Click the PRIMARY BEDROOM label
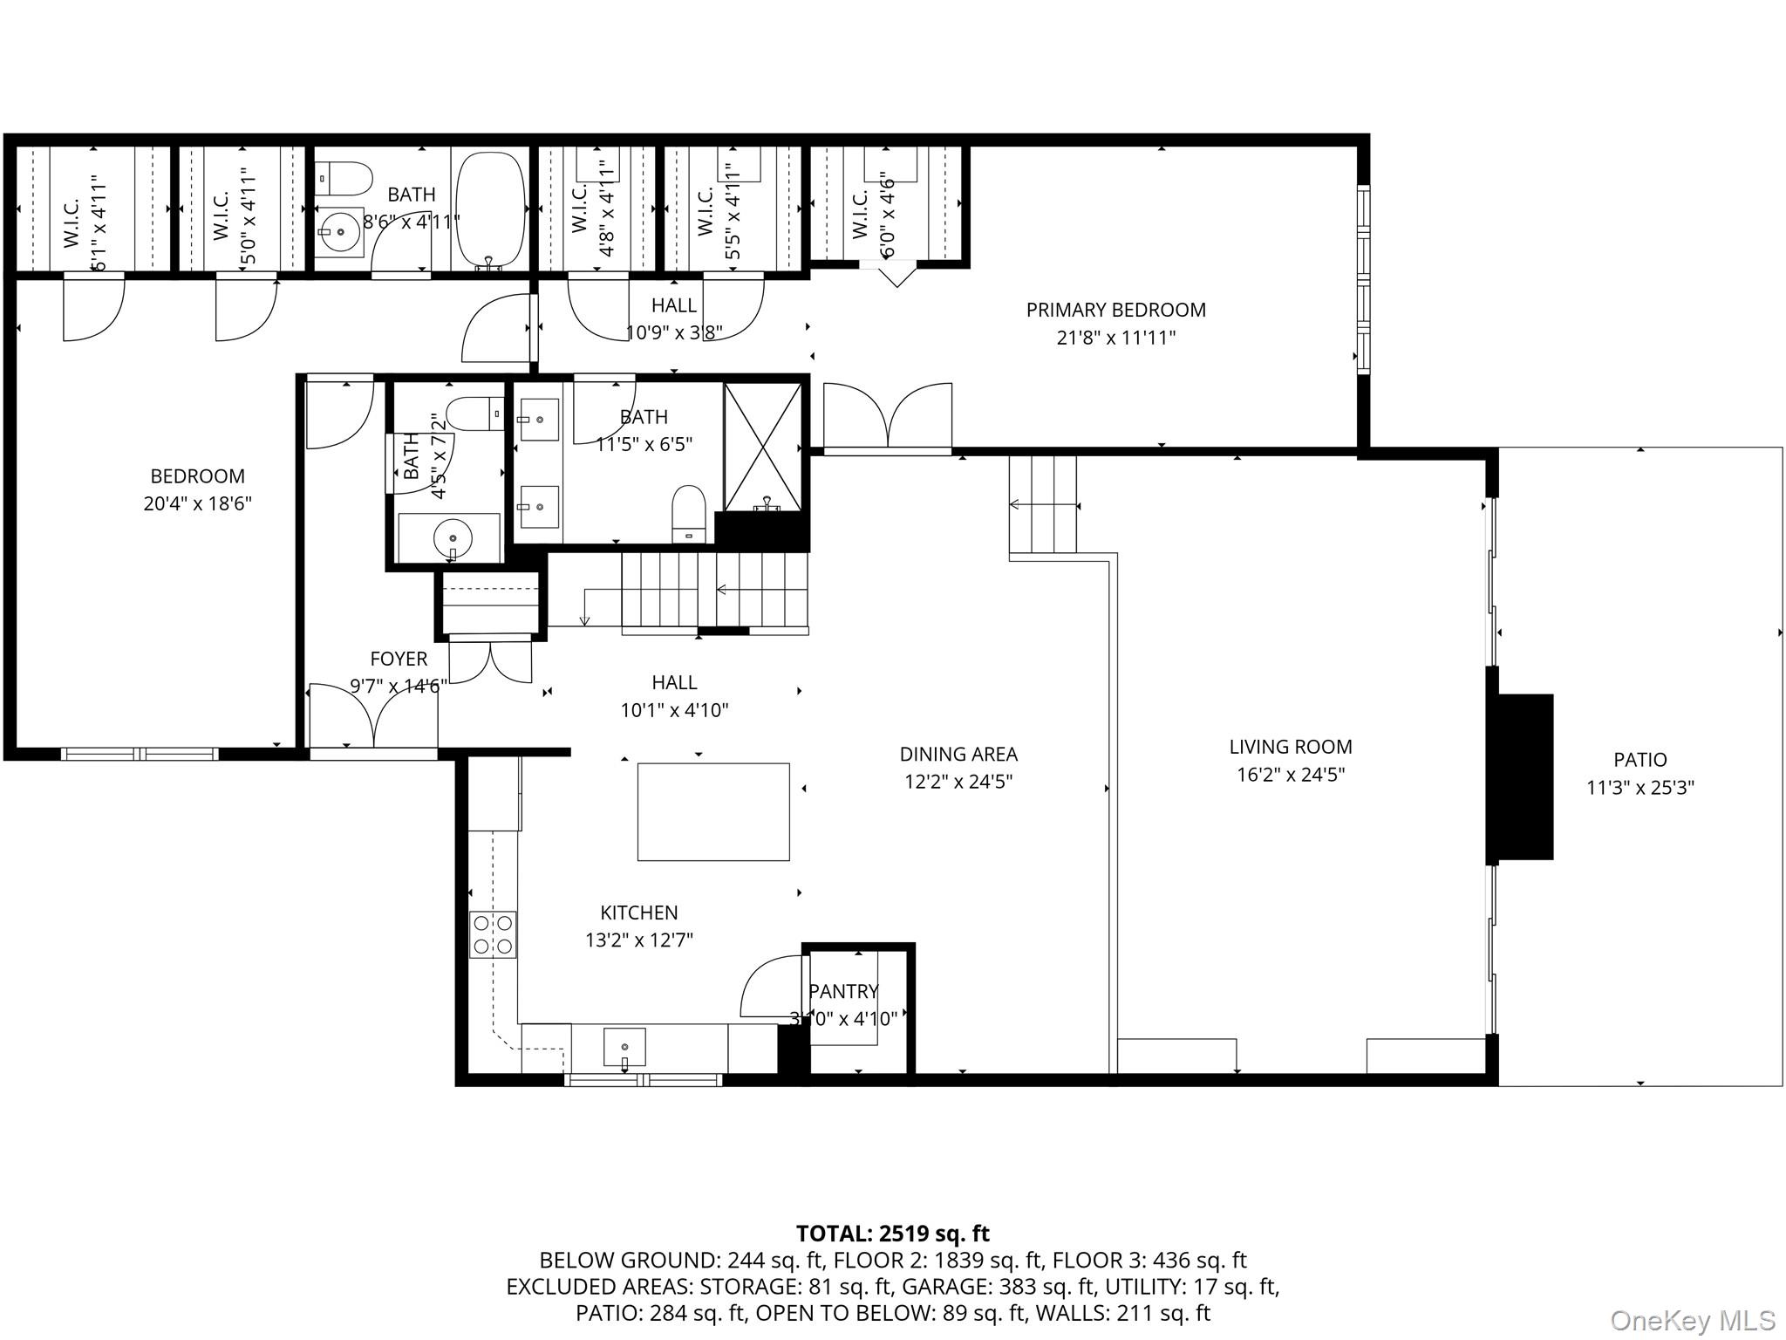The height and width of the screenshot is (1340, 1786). tap(1115, 310)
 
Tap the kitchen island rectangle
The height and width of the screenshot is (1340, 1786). tap(713, 811)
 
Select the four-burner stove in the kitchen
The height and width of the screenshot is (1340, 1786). tap(493, 934)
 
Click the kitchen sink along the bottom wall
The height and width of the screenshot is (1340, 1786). tap(624, 1046)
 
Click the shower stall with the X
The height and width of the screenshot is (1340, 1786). tap(763, 446)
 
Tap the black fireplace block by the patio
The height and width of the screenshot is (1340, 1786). tap(1522, 776)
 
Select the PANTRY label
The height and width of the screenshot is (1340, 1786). tap(842, 991)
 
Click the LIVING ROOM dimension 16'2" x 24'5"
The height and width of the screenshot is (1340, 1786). tap(1291, 774)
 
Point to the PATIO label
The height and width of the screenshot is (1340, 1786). tap(1639, 760)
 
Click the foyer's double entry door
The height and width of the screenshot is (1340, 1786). tap(373, 717)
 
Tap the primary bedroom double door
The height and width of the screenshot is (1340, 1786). tap(888, 418)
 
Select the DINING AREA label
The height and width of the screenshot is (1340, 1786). tap(958, 754)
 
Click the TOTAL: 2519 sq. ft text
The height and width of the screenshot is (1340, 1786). tap(892, 1234)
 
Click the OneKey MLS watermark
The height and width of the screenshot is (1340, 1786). tap(1692, 1320)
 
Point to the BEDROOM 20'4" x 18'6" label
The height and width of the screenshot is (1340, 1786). tap(197, 489)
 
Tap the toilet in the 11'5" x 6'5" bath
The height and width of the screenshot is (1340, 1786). tap(689, 513)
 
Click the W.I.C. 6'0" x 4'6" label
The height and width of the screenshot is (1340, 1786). tap(872, 214)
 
